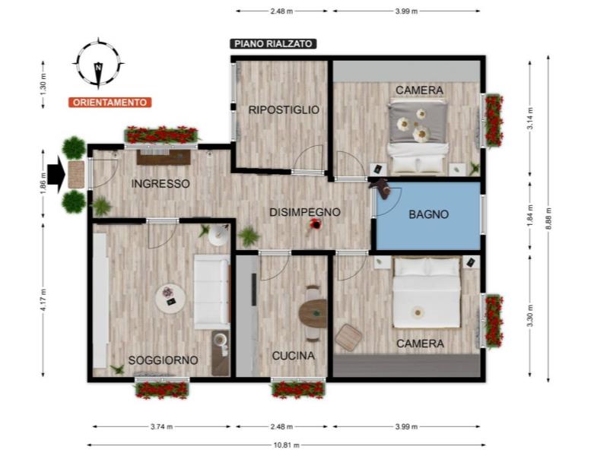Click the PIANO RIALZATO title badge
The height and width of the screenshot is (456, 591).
(273, 43)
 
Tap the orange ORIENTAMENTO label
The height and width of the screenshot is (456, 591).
(110, 102)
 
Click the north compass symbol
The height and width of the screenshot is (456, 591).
(98, 63)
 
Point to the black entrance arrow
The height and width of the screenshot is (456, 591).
(56, 175)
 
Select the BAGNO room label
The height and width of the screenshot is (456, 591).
(428, 214)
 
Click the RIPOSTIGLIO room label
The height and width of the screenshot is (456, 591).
(284, 110)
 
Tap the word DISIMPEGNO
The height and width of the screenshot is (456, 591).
(305, 212)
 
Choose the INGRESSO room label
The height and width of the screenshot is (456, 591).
(160, 184)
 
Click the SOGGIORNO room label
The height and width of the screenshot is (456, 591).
(164, 360)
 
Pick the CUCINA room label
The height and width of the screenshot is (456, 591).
(294, 356)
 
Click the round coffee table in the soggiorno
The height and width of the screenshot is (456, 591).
(170, 297)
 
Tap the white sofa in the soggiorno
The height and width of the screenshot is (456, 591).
(211, 292)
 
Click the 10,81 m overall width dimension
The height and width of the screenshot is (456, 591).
(287, 445)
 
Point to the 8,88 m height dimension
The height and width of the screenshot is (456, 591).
(548, 219)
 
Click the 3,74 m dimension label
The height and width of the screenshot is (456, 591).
(162, 426)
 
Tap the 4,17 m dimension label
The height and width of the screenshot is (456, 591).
(43, 300)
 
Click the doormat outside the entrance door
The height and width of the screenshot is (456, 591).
(76, 174)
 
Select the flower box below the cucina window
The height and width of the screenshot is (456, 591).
(298, 389)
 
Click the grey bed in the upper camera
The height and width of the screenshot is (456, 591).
(418, 136)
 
